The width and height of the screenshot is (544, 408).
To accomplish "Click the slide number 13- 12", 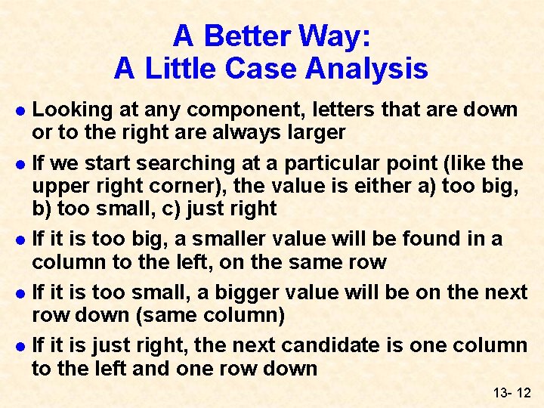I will pos(512,394).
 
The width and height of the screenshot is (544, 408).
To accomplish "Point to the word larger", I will pos(312,133).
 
